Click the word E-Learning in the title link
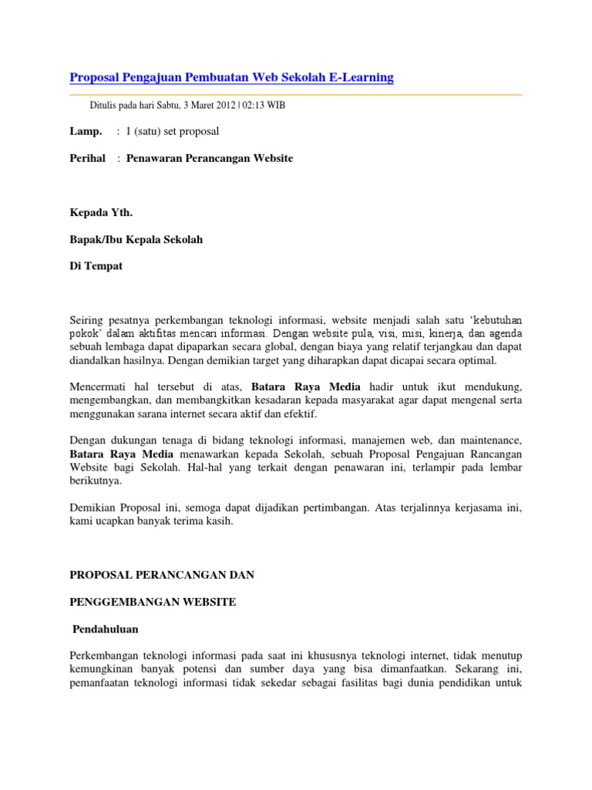(358, 77)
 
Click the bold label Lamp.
(86, 132)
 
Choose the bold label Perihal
(87, 159)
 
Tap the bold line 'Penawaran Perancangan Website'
(209, 159)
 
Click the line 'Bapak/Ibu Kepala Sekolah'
(136, 240)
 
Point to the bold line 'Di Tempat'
(96, 267)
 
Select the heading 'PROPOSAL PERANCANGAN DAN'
(162, 575)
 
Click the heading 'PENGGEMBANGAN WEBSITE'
(153, 602)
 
